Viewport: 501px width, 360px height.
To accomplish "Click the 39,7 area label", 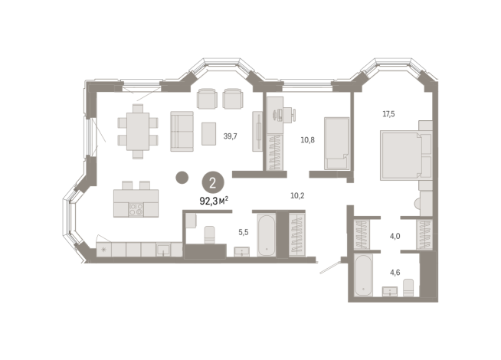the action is tap(230, 136).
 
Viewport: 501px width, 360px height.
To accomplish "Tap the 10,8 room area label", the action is tap(307, 140).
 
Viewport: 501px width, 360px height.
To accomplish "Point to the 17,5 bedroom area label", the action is tap(388, 113).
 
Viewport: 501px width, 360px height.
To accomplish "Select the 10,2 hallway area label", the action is tap(297, 195).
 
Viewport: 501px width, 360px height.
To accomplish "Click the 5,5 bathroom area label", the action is tap(243, 232).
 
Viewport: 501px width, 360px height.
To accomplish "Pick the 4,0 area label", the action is tap(395, 237).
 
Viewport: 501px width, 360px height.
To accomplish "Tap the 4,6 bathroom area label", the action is tap(395, 273).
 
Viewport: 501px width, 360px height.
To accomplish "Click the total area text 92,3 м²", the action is tap(214, 201).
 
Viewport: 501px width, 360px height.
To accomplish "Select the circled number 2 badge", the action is tap(213, 183).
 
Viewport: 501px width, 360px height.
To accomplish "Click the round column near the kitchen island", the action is tap(182, 177).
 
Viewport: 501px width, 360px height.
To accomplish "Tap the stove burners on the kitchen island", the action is tap(136, 210).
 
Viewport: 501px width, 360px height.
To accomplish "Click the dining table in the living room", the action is tap(138, 131).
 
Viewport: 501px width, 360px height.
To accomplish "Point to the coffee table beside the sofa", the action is tap(208, 133).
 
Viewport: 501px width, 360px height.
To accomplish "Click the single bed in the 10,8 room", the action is tap(337, 143).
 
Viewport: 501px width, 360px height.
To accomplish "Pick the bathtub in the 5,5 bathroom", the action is tap(267, 235).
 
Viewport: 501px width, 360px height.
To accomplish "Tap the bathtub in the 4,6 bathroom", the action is tap(364, 275).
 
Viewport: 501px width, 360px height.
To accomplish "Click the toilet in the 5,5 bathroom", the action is tap(210, 235).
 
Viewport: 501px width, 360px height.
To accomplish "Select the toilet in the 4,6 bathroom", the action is tap(408, 287).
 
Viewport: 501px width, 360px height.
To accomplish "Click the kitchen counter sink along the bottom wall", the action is tap(163, 249).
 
